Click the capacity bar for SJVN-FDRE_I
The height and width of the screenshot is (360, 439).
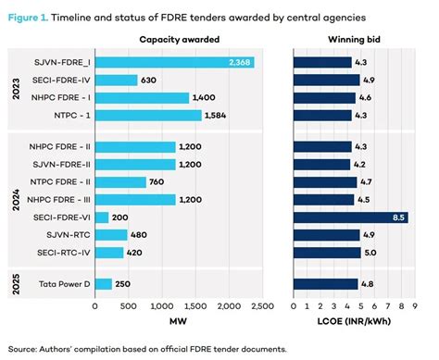tap(175, 62)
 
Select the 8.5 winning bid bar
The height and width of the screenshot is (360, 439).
tap(350, 217)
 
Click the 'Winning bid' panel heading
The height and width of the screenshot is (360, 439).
tap(349, 39)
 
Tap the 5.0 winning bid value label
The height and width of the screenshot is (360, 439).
tap(369, 252)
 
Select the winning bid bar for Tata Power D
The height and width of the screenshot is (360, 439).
tap(326, 284)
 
